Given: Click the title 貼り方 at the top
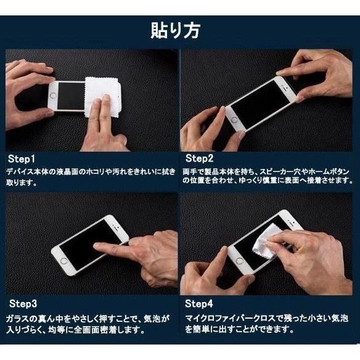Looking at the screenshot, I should [x=179, y=30].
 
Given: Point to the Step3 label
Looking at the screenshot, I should [x=24, y=304].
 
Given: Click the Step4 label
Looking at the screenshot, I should [x=199, y=304].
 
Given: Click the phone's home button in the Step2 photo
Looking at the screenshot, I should [x=234, y=115].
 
